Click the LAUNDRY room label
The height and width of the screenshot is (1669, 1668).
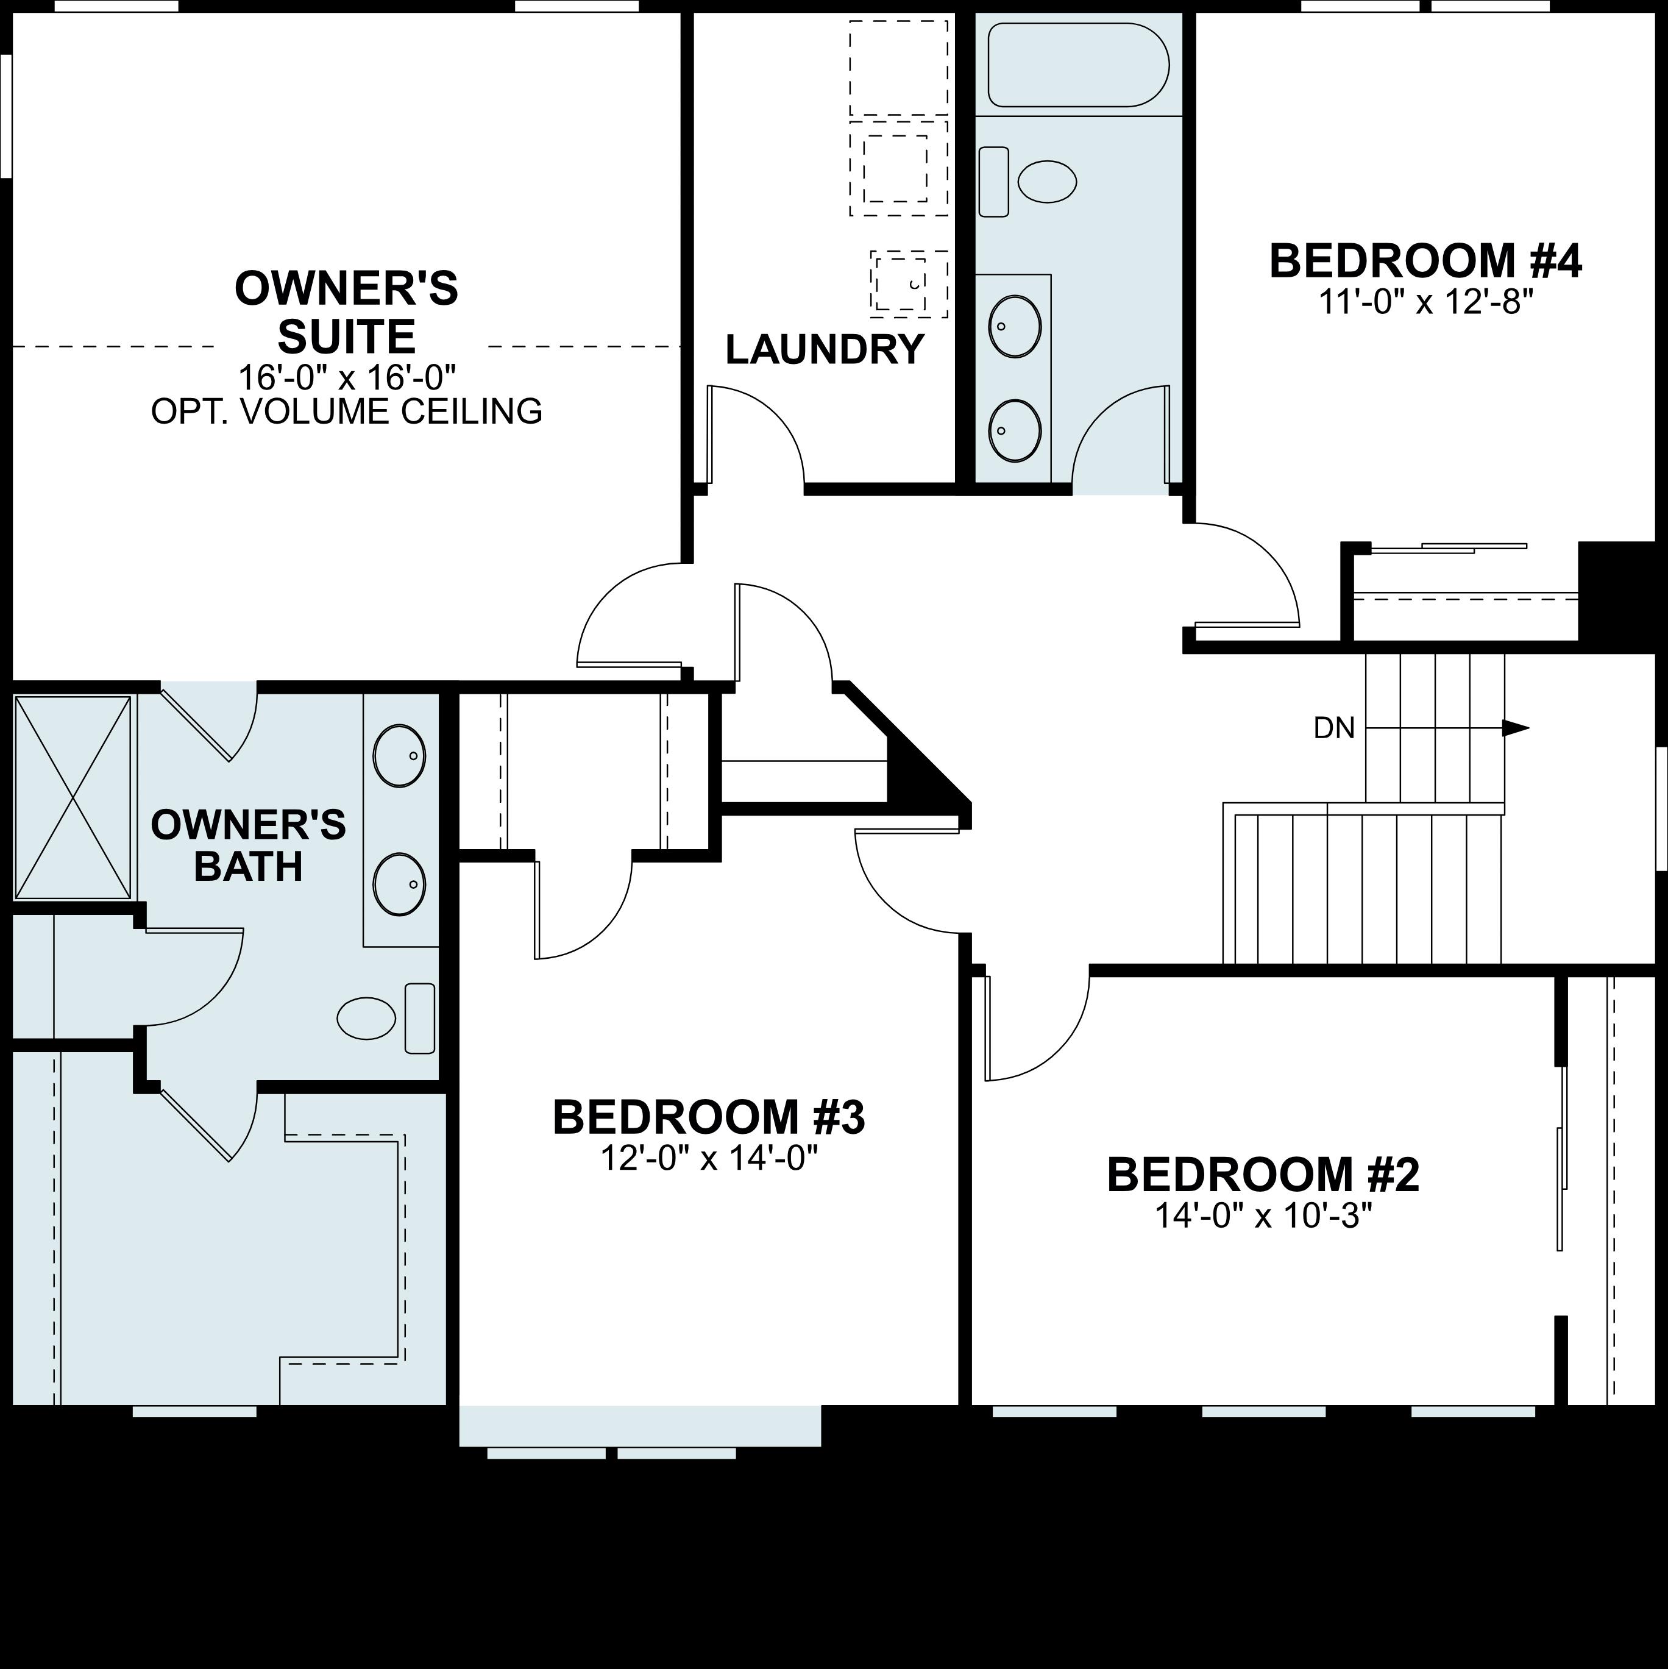(825, 350)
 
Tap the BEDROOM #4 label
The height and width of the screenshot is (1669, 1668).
(1425, 261)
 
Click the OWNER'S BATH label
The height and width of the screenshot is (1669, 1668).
(249, 845)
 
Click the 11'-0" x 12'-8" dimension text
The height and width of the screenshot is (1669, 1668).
(1425, 302)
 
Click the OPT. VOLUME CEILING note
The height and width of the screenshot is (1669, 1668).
(346, 412)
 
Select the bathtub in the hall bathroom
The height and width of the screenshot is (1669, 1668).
(1078, 65)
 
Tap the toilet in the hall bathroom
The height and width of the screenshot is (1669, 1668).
(1028, 182)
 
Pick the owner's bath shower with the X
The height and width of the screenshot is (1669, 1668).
(73, 797)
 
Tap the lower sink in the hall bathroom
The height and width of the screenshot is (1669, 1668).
(1014, 429)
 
